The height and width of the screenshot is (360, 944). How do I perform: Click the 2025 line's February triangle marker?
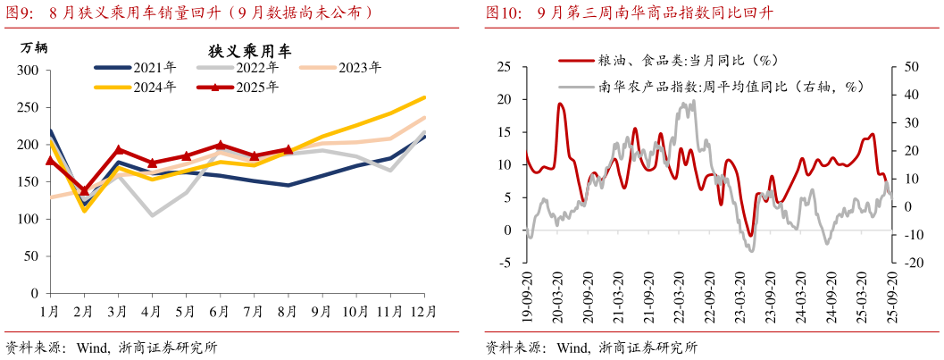85,190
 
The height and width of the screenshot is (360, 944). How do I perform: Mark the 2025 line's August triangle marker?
288,149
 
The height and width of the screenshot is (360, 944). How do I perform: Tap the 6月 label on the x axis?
220,311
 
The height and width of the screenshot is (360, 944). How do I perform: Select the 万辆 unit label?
34,48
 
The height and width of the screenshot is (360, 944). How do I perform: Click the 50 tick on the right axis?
912,66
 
